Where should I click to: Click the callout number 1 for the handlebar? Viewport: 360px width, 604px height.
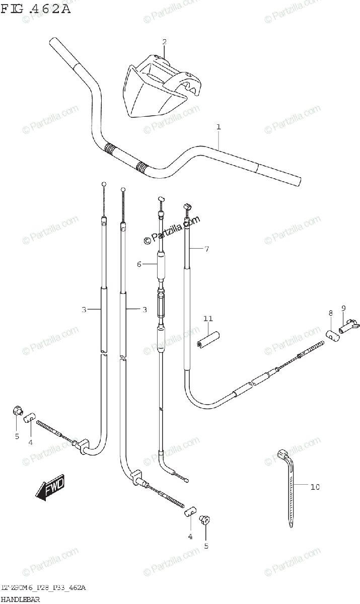coord(219,127)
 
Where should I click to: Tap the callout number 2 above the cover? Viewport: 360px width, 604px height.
coord(164,42)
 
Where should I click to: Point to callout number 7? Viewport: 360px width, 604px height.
coord(206,249)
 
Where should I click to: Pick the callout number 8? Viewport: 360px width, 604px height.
coord(330,313)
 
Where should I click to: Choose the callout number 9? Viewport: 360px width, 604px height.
coord(343,308)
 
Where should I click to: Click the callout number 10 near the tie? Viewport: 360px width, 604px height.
coord(315,487)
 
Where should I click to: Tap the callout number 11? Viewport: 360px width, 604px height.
coord(208,319)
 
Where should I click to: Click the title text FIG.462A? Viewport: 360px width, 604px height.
coord(36,9)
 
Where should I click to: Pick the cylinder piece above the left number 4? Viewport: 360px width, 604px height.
coord(30,417)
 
